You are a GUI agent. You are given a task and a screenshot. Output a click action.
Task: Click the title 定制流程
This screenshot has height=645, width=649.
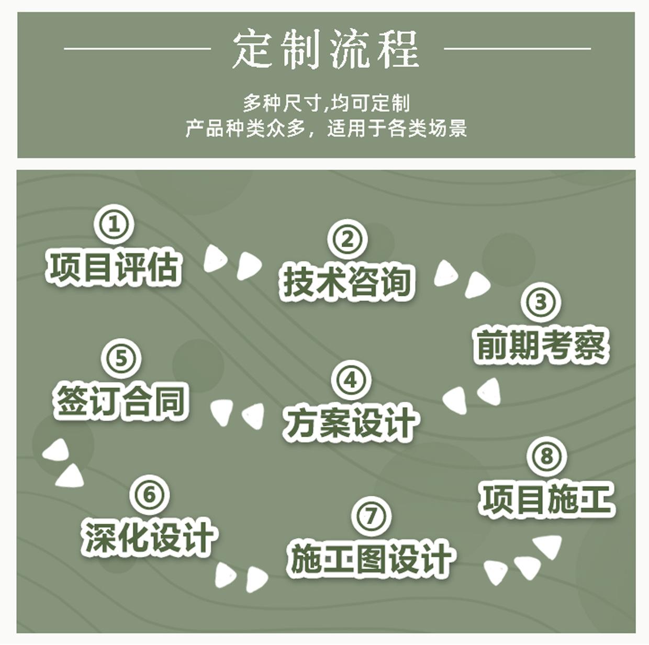tap(326, 50)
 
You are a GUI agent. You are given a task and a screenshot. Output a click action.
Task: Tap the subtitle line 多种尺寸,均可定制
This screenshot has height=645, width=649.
tap(326, 103)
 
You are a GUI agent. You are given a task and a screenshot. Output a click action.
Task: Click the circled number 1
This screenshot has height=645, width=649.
tap(114, 225)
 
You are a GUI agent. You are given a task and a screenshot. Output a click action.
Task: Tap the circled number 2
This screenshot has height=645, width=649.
tap(347, 239)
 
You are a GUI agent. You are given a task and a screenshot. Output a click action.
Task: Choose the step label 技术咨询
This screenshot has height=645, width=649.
tap(347, 282)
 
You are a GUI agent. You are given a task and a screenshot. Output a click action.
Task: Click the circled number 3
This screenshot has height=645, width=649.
tap(540, 302)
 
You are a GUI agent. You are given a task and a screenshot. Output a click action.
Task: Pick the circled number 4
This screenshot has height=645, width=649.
tap(351, 380)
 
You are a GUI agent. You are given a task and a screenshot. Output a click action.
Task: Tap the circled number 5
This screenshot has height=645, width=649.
tap(121, 359)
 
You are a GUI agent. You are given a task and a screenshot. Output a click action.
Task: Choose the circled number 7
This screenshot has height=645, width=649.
tap(371, 515)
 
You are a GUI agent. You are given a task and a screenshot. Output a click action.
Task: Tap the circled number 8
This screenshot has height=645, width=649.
tap(546, 455)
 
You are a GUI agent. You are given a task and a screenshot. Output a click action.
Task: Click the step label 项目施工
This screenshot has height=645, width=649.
tap(546, 499)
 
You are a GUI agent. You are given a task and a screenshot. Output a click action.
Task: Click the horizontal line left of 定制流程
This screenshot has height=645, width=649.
tap(137, 49)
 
